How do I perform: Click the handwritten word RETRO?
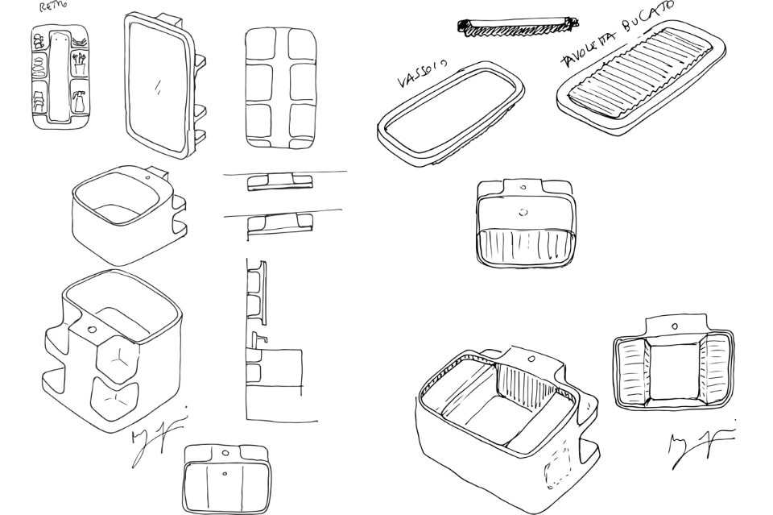(53, 7)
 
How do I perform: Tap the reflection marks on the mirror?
(158, 85)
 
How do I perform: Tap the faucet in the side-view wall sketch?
(258, 337)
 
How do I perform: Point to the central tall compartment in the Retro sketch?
(59, 77)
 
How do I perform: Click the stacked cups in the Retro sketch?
(39, 103)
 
